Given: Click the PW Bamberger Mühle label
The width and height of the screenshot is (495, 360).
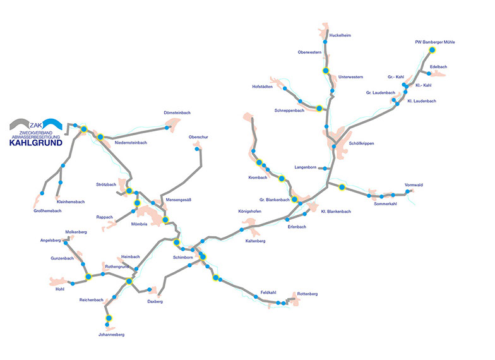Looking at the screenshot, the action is coord(434,42).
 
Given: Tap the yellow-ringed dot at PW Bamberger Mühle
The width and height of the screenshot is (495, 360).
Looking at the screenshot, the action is coord(432,50).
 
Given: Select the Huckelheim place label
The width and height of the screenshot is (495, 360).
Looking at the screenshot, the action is coord(340,35).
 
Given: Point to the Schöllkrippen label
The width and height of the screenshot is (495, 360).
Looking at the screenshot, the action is coord(361,143).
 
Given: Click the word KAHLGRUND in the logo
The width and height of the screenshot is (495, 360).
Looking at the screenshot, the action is coord(35,143).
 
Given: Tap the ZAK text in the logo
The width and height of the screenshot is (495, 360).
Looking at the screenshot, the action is coord(36,125).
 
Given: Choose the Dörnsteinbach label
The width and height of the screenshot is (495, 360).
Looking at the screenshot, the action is coord(177,112).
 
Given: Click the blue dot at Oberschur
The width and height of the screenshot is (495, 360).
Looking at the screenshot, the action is coord(197,149).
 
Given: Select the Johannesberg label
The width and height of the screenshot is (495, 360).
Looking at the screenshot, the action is coord(111,335).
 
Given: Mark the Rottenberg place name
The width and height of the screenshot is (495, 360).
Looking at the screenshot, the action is coord(307,294).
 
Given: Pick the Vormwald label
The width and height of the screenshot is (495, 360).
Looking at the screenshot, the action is coord(414,185).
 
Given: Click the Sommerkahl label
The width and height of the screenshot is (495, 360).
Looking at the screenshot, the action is coord(385,204).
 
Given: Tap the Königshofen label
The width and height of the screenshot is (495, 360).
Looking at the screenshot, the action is coord(250,212).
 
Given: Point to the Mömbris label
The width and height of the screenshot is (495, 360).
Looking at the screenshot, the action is coord(139,224).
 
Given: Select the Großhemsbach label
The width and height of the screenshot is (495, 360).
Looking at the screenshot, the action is coord(47,211).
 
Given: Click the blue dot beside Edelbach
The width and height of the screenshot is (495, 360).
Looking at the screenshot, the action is coord(429,73).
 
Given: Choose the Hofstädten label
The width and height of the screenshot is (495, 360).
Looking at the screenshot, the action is coord(263,87).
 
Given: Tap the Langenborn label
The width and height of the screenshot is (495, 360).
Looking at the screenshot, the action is coord(306,167).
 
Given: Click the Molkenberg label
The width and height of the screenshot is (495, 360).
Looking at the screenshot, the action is coord(76,232).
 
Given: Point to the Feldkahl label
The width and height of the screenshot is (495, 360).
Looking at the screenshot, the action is coord(268,293).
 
